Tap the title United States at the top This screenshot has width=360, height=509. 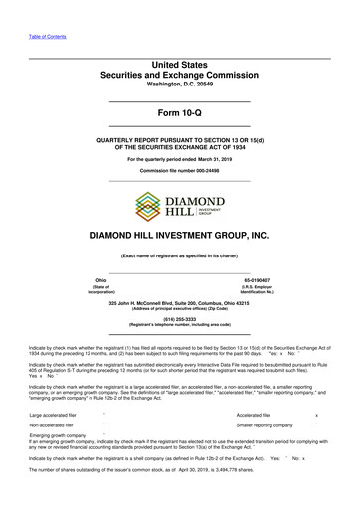pyautogui.click(x=180, y=64)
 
